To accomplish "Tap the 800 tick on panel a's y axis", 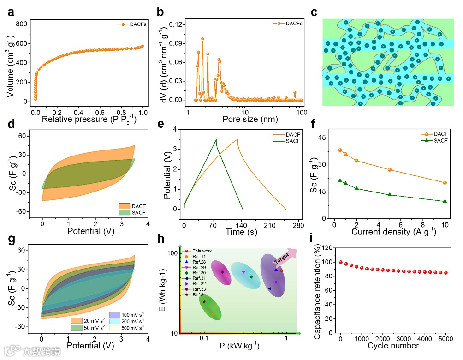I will [21, 24].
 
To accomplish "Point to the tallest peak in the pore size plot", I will [202, 39].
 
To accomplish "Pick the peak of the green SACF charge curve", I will [216, 139].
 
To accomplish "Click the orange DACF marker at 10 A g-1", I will [445, 182].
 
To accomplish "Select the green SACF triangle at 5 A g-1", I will [390, 194].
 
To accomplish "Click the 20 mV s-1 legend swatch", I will [76, 320].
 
